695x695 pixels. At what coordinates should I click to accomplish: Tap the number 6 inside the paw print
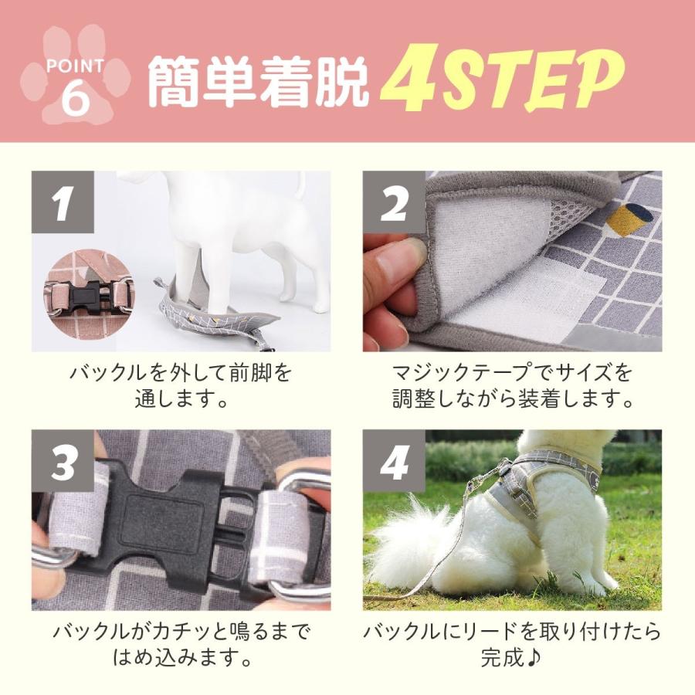click(x=75, y=101)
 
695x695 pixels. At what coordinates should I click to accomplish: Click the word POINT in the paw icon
click(x=75, y=67)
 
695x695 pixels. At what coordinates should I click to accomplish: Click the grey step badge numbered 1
click(x=63, y=202)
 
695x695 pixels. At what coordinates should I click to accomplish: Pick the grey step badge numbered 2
click(x=394, y=202)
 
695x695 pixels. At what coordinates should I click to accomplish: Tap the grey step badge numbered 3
click(x=63, y=462)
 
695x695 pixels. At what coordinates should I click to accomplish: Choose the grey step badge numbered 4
click(x=394, y=462)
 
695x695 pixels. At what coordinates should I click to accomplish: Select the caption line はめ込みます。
click(x=181, y=659)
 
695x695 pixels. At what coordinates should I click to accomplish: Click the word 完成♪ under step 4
click(x=512, y=659)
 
